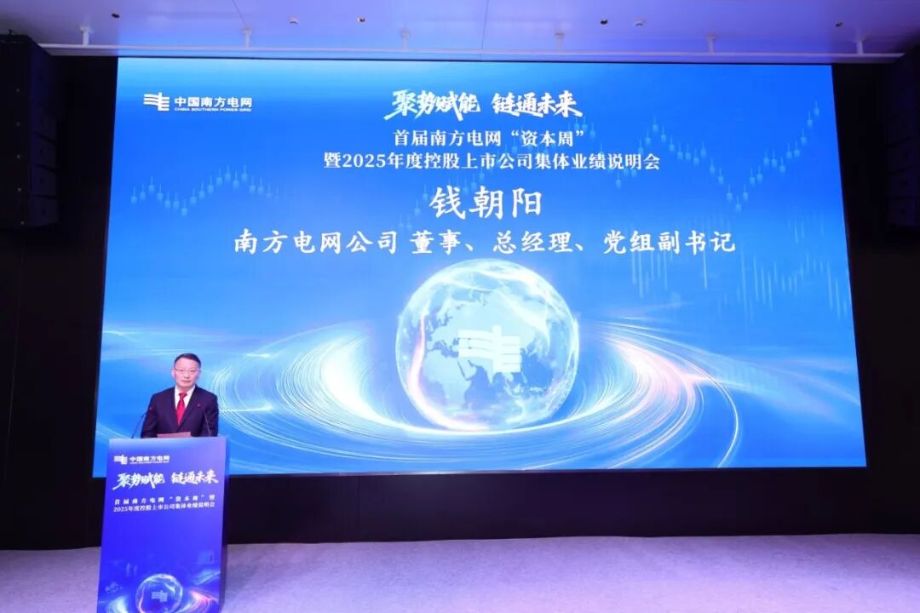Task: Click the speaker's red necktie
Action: coord(181,407)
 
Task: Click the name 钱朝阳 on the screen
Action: coord(486,203)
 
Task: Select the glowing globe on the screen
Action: coord(486,344)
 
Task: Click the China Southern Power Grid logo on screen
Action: coord(198,103)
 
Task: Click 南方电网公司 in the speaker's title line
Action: coord(315,243)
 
